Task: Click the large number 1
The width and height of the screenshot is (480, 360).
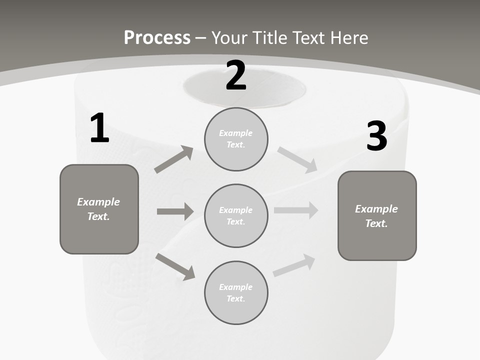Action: click(99, 128)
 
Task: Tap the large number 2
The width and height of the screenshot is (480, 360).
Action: click(235, 76)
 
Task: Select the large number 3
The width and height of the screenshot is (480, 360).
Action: click(376, 136)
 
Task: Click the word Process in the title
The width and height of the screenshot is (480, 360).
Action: click(157, 37)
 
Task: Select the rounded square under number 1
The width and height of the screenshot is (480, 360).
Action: click(99, 209)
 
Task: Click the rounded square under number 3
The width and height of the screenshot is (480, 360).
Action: click(377, 215)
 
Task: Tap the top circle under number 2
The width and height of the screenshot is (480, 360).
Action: click(236, 139)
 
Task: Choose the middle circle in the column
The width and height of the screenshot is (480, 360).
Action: click(236, 215)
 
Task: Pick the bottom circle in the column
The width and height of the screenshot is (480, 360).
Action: click(236, 292)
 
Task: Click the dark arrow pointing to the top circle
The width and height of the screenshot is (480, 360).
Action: click(174, 159)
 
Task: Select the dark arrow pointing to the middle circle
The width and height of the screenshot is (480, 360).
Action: click(175, 211)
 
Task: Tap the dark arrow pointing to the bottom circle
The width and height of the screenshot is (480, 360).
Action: click(175, 266)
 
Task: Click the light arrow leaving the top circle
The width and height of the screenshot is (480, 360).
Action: click(297, 160)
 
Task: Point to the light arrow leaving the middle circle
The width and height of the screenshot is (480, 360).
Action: click(296, 210)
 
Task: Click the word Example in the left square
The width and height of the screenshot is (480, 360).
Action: click(98, 202)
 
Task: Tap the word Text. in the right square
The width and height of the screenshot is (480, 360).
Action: click(376, 223)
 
